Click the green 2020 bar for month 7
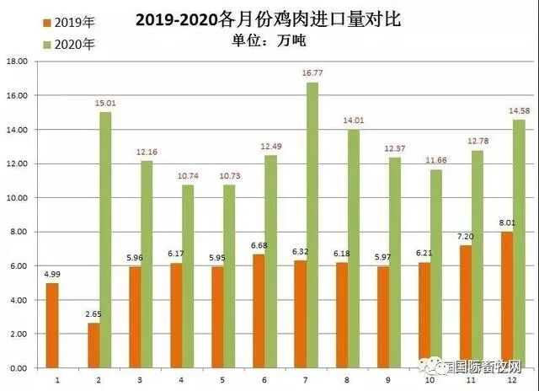pyautogui.click(x=312, y=225)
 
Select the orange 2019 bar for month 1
pyautogui.click(x=52, y=325)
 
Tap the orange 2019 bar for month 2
pyautogui.click(x=93, y=345)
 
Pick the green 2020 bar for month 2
pyautogui.click(x=105, y=240)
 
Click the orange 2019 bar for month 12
pyautogui.click(x=506, y=300)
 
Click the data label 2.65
pyautogui.click(x=92, y=315)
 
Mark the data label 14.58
pyautogui.click(x=520, y=111)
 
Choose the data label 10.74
pyautogui.click(x=189, y=176)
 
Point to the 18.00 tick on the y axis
pyautogui.click(x=17, y=62)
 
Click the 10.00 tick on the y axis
pyautogui.click(x=17, y=198)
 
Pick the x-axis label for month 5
pyautogui.click(x=222, y=380)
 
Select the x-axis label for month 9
pyautogui.click(x=387, y=380)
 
